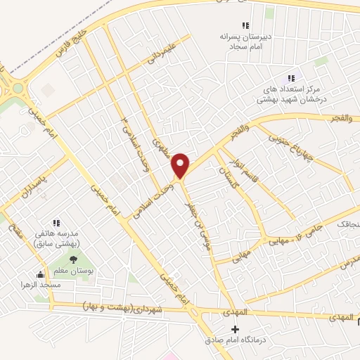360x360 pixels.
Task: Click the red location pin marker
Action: [x=181, y=165]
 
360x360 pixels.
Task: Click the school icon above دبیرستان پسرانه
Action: [x=245, y=26]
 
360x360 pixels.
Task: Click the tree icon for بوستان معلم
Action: [x=74, y=260]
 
